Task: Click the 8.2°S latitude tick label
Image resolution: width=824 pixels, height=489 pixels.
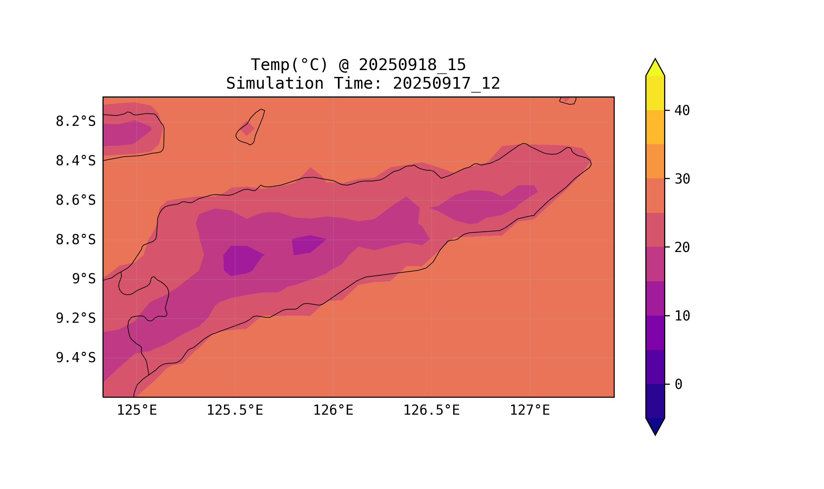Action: click(75, 122)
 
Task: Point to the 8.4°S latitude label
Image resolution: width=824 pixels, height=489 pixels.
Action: click(75, 161)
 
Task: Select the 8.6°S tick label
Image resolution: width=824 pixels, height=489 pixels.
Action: click(75, 200)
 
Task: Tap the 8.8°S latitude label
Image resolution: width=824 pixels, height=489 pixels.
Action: click(75, 240)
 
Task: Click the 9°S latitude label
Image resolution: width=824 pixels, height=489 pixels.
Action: click(84, 279)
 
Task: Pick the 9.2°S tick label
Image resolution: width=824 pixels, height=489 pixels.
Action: click(75, 319)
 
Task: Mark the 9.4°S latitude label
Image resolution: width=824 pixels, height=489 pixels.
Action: click(75, 358)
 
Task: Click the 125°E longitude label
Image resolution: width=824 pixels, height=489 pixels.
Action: click(137, 410)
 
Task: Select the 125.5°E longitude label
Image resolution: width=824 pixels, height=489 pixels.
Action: click(235, 410)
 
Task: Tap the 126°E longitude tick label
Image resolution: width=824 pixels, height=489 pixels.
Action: click(333, 410)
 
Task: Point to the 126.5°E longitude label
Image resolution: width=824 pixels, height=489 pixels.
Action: click(431, 410)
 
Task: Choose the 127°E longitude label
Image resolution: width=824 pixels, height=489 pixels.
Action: click(530, 410)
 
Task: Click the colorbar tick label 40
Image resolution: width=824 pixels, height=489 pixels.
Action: click(682, 111)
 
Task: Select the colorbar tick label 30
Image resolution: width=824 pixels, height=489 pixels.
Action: click(682, 179)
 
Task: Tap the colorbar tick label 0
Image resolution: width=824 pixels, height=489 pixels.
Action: click(678, 385)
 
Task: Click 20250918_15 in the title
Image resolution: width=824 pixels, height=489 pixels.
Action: click(412, 65)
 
